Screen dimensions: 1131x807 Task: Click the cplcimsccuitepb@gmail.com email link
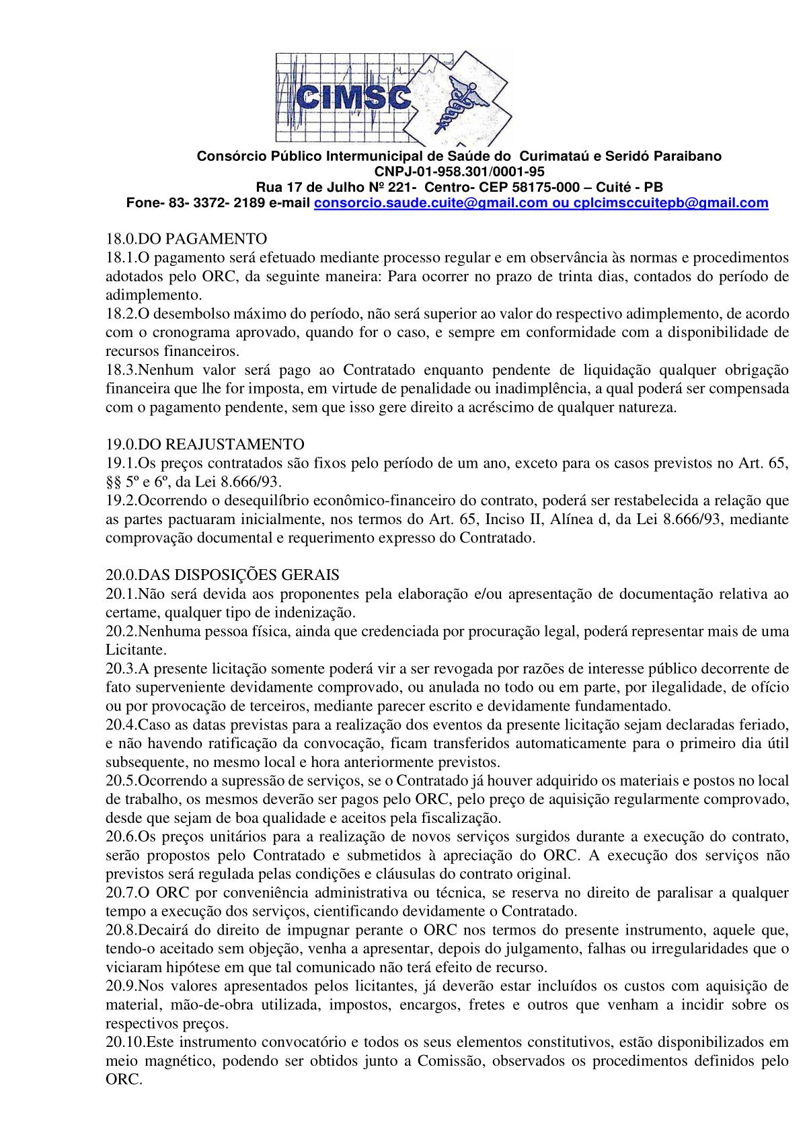pos(670,203)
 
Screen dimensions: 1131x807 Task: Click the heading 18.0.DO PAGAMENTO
pos(186,239)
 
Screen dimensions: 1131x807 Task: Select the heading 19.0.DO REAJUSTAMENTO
pos(205,445)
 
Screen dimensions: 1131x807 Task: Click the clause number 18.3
pos(122,369)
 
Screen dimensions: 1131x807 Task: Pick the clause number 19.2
pos(122,501)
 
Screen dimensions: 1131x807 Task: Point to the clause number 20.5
pos(122,781)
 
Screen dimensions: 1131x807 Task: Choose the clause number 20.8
pos(122,931)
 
